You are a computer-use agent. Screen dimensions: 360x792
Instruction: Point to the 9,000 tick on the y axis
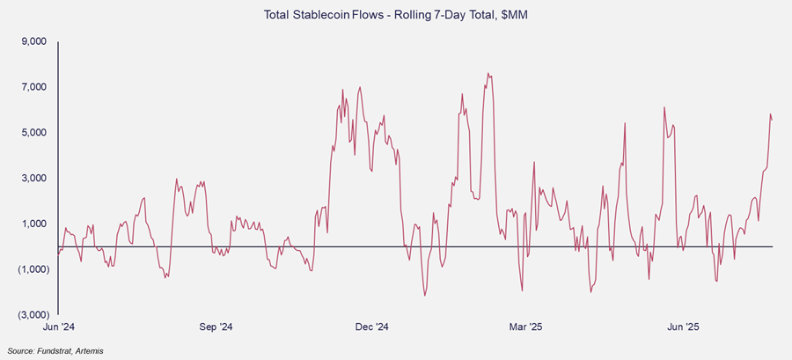point(34,41)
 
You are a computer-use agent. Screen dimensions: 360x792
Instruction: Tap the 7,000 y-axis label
point(34,87)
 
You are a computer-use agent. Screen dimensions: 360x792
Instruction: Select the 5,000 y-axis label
point(34,133)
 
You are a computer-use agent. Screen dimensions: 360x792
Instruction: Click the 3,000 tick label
point(34,179)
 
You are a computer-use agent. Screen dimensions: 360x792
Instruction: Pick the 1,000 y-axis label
point(34,224)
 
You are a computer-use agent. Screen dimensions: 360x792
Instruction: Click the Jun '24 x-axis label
point(57,327)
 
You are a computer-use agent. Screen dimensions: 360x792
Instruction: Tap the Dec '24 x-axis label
point(370,327)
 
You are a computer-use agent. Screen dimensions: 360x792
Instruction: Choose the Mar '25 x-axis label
point(525,327)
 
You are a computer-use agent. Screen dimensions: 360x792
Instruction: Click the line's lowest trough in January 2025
point(424,295)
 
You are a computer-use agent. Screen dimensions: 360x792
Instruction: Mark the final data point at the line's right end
point(773,120)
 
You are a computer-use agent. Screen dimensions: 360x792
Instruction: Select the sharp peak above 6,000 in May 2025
point(664,107)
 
